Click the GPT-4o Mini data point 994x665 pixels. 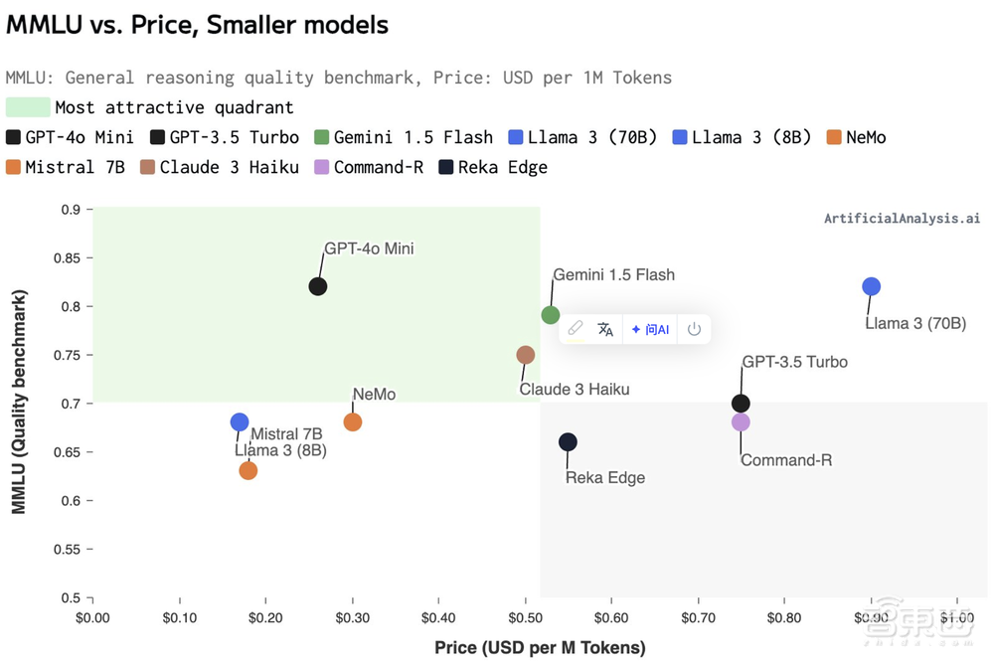tap(318, 286)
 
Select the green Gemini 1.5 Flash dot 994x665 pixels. tap(551, 315)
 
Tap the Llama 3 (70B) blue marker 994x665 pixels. tap(872, 286)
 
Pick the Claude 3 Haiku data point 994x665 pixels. tap(526, 355)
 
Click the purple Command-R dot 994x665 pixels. tap(741, 422)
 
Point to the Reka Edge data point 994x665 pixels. tap(568, 441)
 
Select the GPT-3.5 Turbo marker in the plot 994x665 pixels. tap(741, 404)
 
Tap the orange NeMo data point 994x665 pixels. tap(353, 422)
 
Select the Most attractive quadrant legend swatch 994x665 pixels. tap(28, 107)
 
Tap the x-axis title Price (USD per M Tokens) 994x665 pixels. tap(540, 648)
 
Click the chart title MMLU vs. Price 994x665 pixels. tap(198, 25)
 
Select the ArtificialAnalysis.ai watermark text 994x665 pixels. tap(902, 219)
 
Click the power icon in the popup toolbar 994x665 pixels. tap(694, 329)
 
